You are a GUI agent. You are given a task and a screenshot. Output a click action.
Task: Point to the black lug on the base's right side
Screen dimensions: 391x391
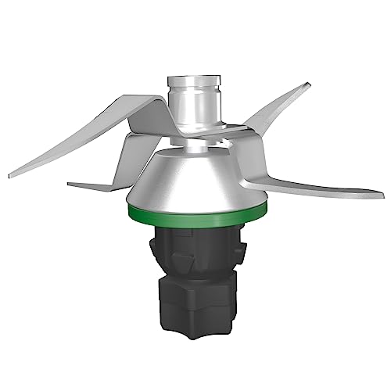[242, 250]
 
